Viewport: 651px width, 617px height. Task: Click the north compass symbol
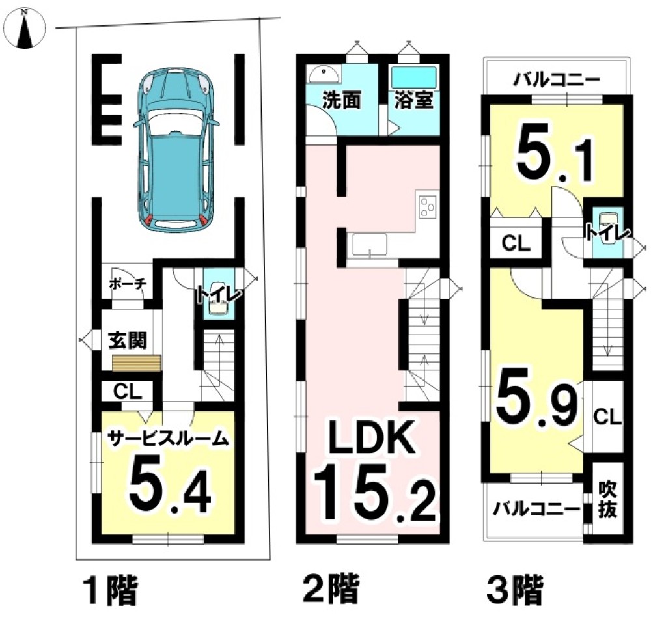click(25, 28)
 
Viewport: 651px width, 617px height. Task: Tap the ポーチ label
click(126, 284)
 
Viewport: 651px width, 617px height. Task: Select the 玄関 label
click(127, 340)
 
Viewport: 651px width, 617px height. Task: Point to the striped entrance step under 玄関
click(137, 363)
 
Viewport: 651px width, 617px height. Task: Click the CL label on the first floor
click(126, 392)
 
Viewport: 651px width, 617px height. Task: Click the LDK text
click(370, 440)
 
